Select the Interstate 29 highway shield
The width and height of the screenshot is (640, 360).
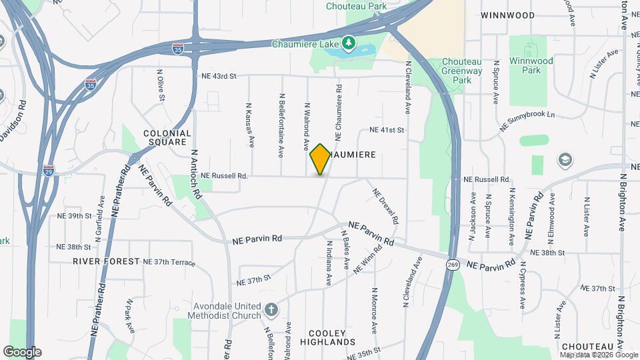(x=49, y=170)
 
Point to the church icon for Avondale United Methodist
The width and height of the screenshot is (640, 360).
(x=270, y=309)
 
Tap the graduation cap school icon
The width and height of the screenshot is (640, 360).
(x=565, y=159)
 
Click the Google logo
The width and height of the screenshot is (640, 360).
(x=22, y=351)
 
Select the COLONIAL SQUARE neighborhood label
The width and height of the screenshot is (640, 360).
(x=167, y=138)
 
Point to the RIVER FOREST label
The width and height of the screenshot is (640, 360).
(x=107, y=261)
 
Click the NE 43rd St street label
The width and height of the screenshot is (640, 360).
(x=219, y=76)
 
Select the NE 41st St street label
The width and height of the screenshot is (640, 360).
(x=387, y=130)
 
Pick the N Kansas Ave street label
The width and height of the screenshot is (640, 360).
(x=251, y=125)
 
